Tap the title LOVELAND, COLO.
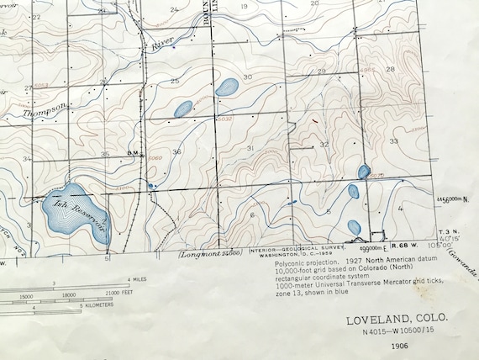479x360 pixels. tap(397, 320)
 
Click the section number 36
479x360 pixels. tap(176, 152)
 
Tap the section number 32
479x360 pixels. tap(324, 145)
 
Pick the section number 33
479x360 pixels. tap(393, 141)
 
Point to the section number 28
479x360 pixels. tap(390, 69)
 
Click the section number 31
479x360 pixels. tap(250, 148)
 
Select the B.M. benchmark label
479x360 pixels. tap(132, 152)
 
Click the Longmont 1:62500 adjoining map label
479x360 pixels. tap(210, 252)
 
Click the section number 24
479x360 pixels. tap(174, 9)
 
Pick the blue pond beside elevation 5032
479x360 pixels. tap(225, 87)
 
